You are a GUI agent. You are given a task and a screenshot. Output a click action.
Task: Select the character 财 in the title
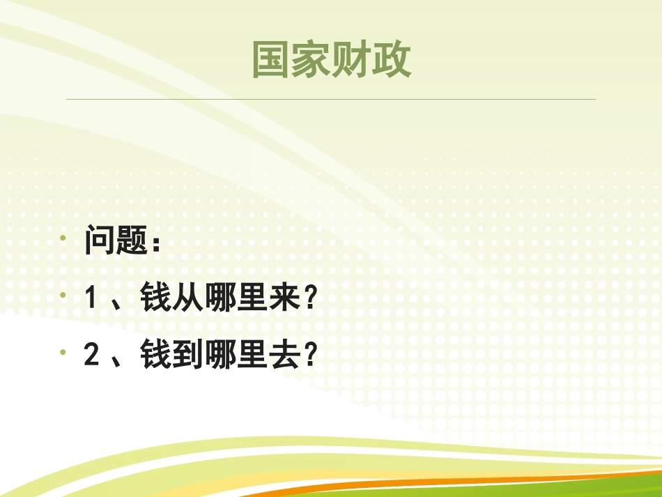pyautogui.click(x=352, y=61)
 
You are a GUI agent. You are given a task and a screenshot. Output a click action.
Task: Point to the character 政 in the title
pyautogui.click(x=392, y=61)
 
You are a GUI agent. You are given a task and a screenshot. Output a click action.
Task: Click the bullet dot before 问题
pyautogui.click(x=63, y=238)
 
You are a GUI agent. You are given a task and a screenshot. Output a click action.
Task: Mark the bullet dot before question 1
pyautogui.click(x=63, y=295)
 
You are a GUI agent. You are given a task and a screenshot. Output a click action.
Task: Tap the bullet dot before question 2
pyautogui.click(x=63, y=352)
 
